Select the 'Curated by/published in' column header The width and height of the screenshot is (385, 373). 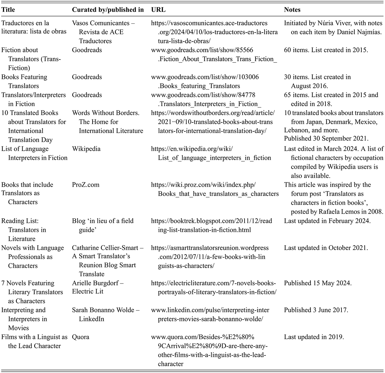point(108,10)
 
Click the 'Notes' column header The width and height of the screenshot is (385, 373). point(292,10)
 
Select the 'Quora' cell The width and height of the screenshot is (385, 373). point(81,337)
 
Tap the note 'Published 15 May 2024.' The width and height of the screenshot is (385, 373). point(317,283)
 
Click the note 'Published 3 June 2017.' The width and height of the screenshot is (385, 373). point(316,310)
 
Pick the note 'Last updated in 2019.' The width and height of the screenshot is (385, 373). point(314,337)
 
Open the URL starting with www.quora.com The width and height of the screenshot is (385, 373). point(209,350)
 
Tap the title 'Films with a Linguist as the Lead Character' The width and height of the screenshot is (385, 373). point(34,341)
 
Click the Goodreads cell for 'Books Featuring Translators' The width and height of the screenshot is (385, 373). point(87,77)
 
